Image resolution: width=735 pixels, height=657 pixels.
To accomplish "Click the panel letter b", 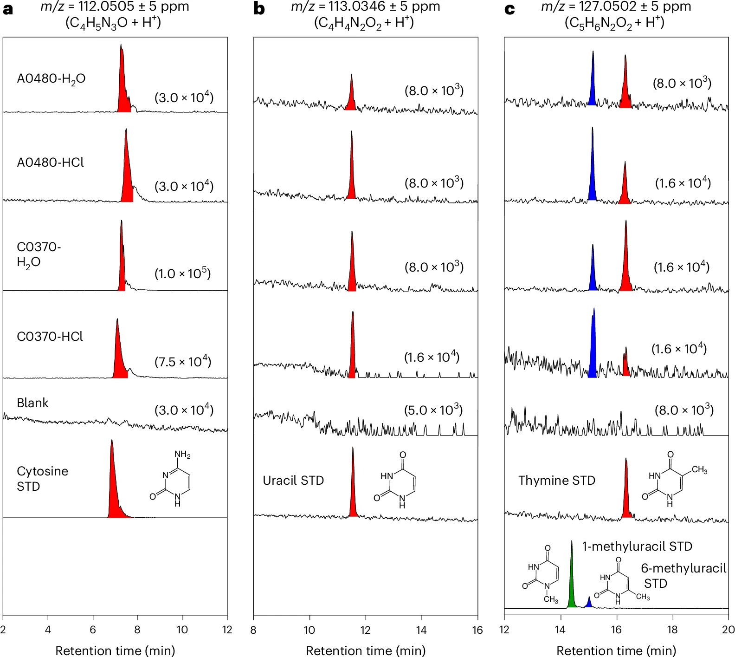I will point(259,9).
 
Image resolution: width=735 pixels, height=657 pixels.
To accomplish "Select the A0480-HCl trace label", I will point(51,163).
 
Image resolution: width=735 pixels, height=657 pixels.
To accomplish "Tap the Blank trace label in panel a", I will point(32,403).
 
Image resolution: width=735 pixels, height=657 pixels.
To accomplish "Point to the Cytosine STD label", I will point(42,479).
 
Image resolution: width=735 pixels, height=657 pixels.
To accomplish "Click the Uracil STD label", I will point(293,481).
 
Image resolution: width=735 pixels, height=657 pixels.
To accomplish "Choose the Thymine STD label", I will point(557,481).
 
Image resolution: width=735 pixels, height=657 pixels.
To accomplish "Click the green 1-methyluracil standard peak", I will point(572,585).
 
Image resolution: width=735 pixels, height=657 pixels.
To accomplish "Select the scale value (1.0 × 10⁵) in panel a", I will point(183,273).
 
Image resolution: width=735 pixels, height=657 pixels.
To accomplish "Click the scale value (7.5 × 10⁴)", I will point(183,362).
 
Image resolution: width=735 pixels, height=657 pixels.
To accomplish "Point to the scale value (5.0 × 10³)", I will point(433,410).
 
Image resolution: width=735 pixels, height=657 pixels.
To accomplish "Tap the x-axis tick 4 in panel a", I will point(48,630).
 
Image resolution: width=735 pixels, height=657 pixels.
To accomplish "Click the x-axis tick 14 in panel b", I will point(421,630).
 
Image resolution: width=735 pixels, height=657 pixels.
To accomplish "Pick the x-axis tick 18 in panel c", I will point(672,630).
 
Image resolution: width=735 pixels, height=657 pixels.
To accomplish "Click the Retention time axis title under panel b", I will point(366,650).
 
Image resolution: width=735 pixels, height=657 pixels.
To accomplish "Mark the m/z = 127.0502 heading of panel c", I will point(616,7).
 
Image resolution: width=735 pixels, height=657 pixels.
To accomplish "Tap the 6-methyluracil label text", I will point(683,569).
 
